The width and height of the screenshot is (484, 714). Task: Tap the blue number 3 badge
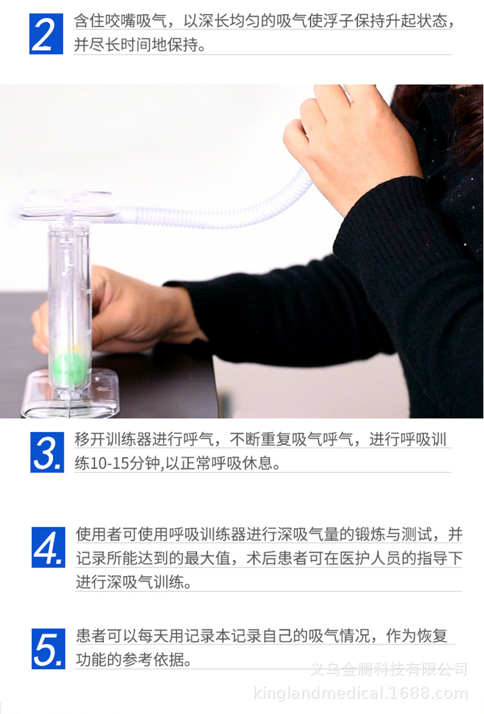[x=47, y=452]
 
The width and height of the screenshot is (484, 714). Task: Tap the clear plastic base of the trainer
[x=70, y=395]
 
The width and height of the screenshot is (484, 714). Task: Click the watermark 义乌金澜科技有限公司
[x=388, y=669]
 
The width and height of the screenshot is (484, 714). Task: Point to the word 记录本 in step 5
[x=213, y=636]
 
